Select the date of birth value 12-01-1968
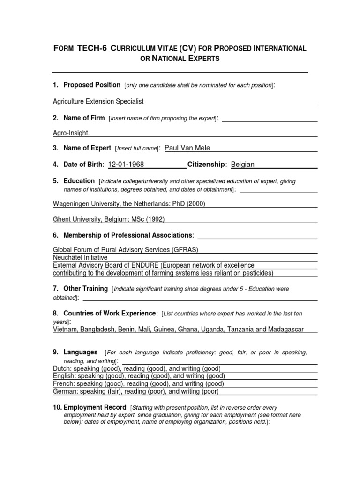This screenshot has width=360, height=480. [126, 165]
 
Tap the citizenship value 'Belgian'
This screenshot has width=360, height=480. [243, 165]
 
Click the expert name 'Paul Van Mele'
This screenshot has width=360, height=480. [187, 148]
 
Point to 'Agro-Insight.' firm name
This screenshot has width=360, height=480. [71, 133]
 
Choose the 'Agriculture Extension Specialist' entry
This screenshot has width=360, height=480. [98, 101]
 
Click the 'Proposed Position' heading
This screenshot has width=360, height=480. [92, 85]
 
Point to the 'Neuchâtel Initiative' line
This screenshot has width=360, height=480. [80, 258]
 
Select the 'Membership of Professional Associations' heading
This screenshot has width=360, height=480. [127, 235]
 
